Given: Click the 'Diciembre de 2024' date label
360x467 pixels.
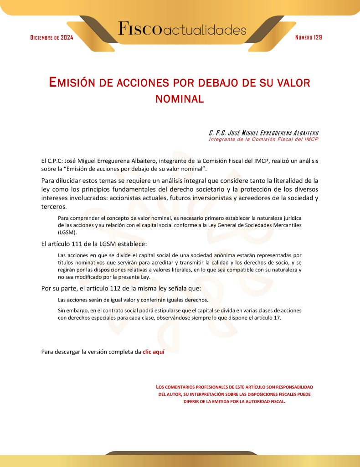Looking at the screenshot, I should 51,37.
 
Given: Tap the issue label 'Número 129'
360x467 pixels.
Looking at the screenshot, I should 309,37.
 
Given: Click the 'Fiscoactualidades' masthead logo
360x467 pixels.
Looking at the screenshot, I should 182,29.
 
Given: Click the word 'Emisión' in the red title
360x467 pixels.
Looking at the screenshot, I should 73,83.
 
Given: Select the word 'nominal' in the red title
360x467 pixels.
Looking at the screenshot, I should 180,98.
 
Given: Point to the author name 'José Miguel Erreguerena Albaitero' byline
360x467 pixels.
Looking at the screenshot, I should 263,133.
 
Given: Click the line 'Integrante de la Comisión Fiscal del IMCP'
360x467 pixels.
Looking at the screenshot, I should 263,139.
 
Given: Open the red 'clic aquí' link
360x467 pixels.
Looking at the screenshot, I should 153,352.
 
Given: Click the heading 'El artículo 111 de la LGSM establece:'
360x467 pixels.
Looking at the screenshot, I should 94,244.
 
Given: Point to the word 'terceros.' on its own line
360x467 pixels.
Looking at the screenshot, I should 54,207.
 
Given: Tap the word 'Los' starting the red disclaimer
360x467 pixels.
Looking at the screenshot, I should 159,387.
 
